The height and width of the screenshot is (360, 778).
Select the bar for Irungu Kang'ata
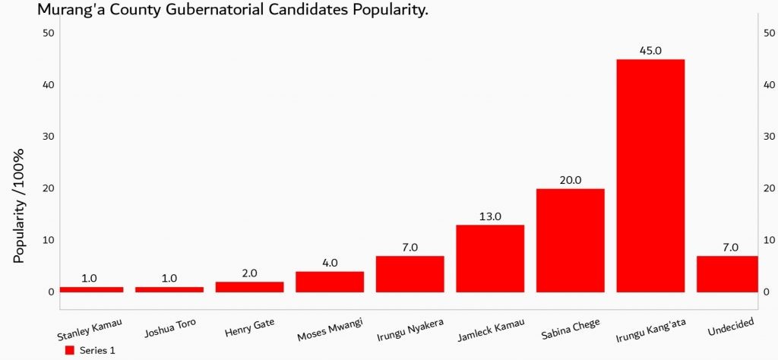coord(650,175)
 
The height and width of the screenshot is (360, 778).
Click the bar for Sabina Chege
coord(571,240)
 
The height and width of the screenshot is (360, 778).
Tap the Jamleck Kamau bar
coord(490,258)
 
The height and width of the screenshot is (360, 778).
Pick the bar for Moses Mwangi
coord(330,281)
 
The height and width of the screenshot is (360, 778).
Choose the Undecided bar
coord(727,273)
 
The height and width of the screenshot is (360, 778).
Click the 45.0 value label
coord(651,51)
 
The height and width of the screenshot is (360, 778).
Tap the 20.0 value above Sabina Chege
coord(571,180)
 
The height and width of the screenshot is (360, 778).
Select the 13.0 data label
coord(490,216)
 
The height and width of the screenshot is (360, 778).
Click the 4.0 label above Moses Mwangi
coord(330,263)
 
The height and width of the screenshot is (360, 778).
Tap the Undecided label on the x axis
coord(730,324)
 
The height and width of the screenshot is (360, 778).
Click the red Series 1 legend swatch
coord(69,350)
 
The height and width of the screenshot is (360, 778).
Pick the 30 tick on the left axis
coord(49,136)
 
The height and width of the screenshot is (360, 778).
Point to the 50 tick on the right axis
coord(769,33)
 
